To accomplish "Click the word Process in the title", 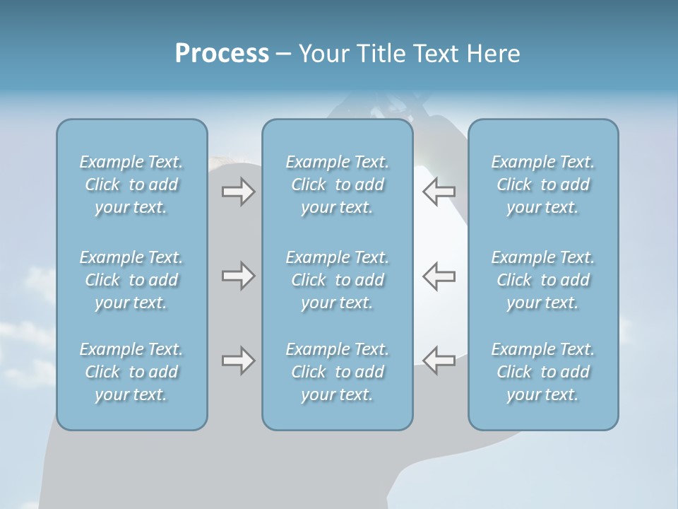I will click(222, 54).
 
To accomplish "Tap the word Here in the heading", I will click(493, 54).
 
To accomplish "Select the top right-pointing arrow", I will click(238, 191).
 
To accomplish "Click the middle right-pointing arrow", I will click(238, 276).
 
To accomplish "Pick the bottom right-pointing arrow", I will click(238, 361).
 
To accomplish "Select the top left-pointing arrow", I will click(439, 191).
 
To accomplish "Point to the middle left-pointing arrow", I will click(439, 276).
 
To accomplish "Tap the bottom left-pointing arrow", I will click(439, 361).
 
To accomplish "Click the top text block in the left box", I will click(131, 185).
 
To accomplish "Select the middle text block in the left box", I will click(131, 280).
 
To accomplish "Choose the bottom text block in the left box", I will click(131, 372).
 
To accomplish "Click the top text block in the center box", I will click(338, 185).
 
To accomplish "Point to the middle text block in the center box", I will click(338, 280).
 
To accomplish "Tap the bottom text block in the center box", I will click(338, 372).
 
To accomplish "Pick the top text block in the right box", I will click(543, 185).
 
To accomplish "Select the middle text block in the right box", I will click(543, 280).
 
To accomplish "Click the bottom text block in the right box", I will click(543, 372).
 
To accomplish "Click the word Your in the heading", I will click(322, 54).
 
